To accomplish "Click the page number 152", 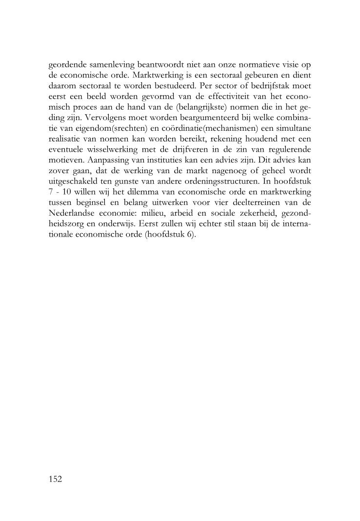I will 56,479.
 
